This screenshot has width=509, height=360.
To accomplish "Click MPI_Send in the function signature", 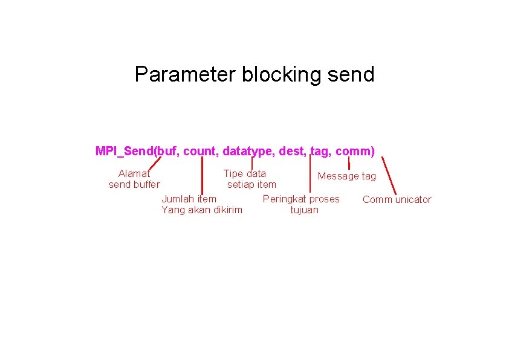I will pos(125,151).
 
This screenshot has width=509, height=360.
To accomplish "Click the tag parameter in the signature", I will pos(320,151).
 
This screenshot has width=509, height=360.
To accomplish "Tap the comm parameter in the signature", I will pos(354,151).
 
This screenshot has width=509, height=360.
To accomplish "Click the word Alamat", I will pos(134,174).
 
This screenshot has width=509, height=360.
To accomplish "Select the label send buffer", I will pos(134,184).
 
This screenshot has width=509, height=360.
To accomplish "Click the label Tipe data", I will pos(245,174).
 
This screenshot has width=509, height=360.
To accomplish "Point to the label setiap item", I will pos(251,184).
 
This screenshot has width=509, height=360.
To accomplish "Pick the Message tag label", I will pos(347,176).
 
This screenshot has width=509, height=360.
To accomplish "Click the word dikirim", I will pos(228,210).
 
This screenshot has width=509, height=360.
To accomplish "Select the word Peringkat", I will pos(284,199).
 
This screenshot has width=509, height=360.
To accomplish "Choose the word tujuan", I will pos(304,210).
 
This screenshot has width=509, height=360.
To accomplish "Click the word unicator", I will pos(413,200).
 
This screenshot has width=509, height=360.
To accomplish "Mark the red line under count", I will pos(201,175).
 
